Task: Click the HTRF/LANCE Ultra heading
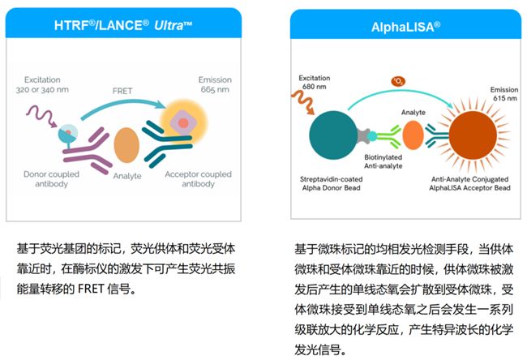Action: (123, 25)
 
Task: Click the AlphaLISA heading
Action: (405, 27)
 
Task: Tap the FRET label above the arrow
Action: (122, 91)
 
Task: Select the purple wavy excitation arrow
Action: (41, 116)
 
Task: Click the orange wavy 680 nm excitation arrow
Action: (303, 102)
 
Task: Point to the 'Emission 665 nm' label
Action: (215, 84)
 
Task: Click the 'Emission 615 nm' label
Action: (504, 94)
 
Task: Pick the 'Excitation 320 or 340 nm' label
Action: (42, 84)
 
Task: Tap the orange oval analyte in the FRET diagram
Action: (126, 145)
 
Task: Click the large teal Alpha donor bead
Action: (333, 135)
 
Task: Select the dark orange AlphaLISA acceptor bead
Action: (473, 135)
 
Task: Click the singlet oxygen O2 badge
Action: (398, 81)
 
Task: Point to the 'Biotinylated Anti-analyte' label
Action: (383, 161)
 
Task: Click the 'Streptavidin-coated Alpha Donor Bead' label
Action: (331, 183)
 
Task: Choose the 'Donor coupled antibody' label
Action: (51, 179)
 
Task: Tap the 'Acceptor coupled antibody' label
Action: (198, 179)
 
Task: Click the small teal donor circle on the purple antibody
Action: (68, 133)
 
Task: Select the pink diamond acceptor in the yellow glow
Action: (183, 122)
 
